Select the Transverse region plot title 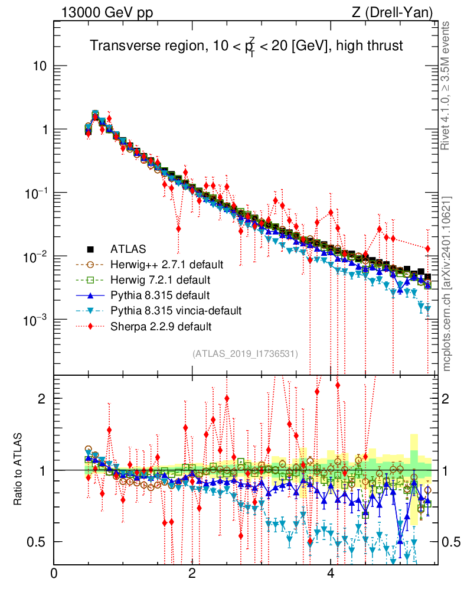pyautogui.click(x=246, y=47)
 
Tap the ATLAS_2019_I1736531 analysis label pyautogui.click(x=245, y=353)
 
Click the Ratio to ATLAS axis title pyautogui.click(x=19, y=470)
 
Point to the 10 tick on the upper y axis pyautogui.click(x=40, y=66)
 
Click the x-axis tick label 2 pyautogui.click(x=192, y=574)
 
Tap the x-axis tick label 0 pyautogui.click(x=54, y=574)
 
